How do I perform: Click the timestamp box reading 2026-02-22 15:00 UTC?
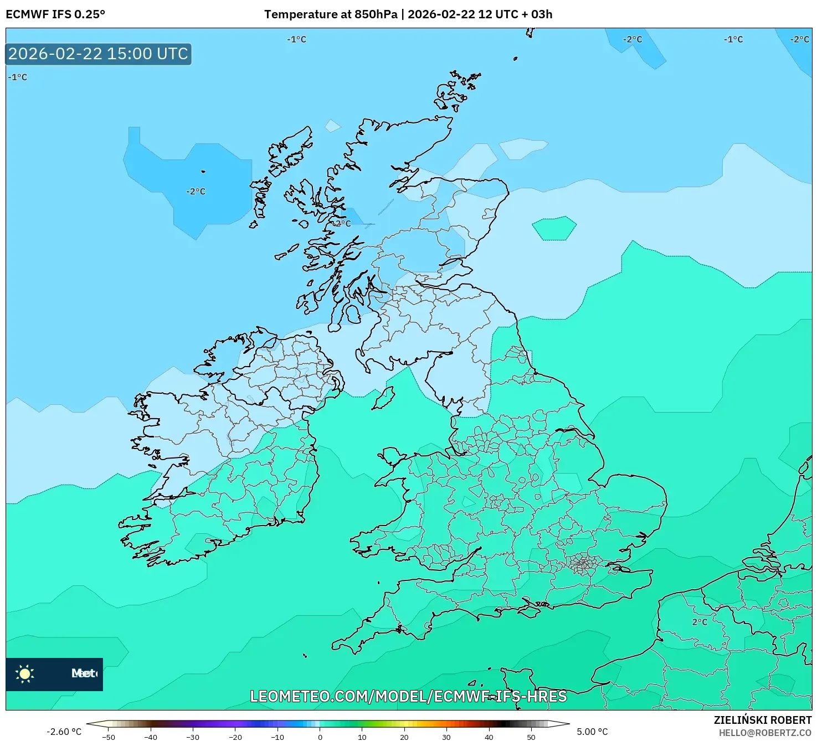[99, 54]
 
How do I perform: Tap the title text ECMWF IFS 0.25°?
[55, 14]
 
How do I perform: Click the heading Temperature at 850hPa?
[331, 14]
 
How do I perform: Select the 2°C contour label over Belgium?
[700, 622]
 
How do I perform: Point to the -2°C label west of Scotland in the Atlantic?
[196, 192]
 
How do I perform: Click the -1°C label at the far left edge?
[18, 78]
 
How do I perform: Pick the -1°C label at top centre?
[296, 39]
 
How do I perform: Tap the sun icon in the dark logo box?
[25, 674]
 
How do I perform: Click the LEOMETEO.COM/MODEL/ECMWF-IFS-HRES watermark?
[408, 696]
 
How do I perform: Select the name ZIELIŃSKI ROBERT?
[762, 721]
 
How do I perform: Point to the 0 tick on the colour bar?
[320, 737]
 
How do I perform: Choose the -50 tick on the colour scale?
[109, 737]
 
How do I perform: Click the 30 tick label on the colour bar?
[446, 737]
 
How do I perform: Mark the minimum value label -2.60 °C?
[64, 732]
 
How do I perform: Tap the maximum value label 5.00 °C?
[592, 732]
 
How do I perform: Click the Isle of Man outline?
[383, 398]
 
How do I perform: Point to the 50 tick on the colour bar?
[531, 737]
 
